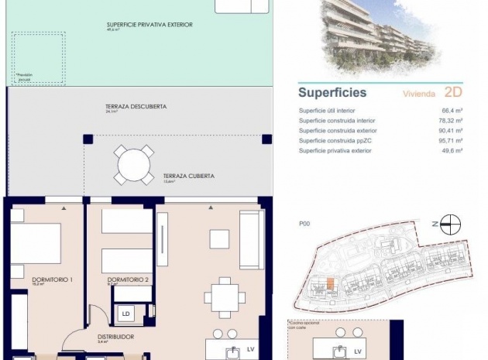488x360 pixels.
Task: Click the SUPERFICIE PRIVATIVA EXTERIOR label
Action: point(149,25)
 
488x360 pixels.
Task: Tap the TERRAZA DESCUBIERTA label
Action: point(136,106)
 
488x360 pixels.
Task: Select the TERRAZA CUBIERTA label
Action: point(188,176)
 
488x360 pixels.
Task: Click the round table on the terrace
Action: point(135,165)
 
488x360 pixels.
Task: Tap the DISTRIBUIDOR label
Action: point(116,337)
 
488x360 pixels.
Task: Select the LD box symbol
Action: point(126,314)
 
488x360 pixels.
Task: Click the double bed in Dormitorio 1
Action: point(35,244)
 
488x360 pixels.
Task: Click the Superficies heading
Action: point(332,93)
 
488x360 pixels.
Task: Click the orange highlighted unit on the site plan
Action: point(329,284)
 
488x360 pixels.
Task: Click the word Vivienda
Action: point(418,94)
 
